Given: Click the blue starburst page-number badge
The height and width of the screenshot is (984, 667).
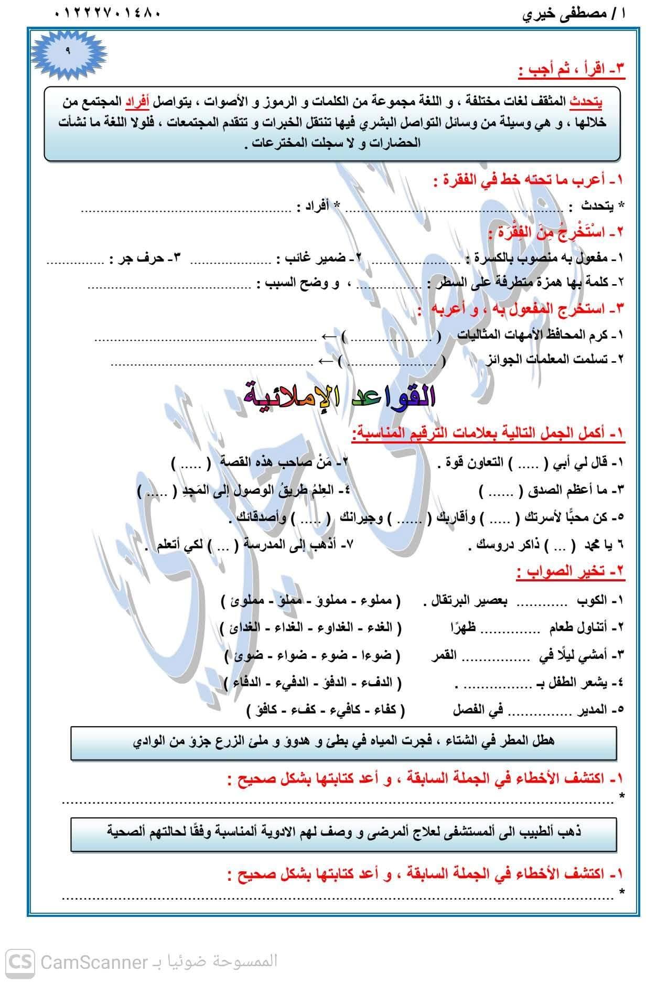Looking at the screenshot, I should click(x=68, y=50).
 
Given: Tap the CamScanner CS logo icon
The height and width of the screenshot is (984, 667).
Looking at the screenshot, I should click(x=20, y=961).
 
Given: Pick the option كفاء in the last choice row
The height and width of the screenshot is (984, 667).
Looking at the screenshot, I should click(x=386, y=710).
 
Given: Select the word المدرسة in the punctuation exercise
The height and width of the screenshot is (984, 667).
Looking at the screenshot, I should click(x=265, y=546).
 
